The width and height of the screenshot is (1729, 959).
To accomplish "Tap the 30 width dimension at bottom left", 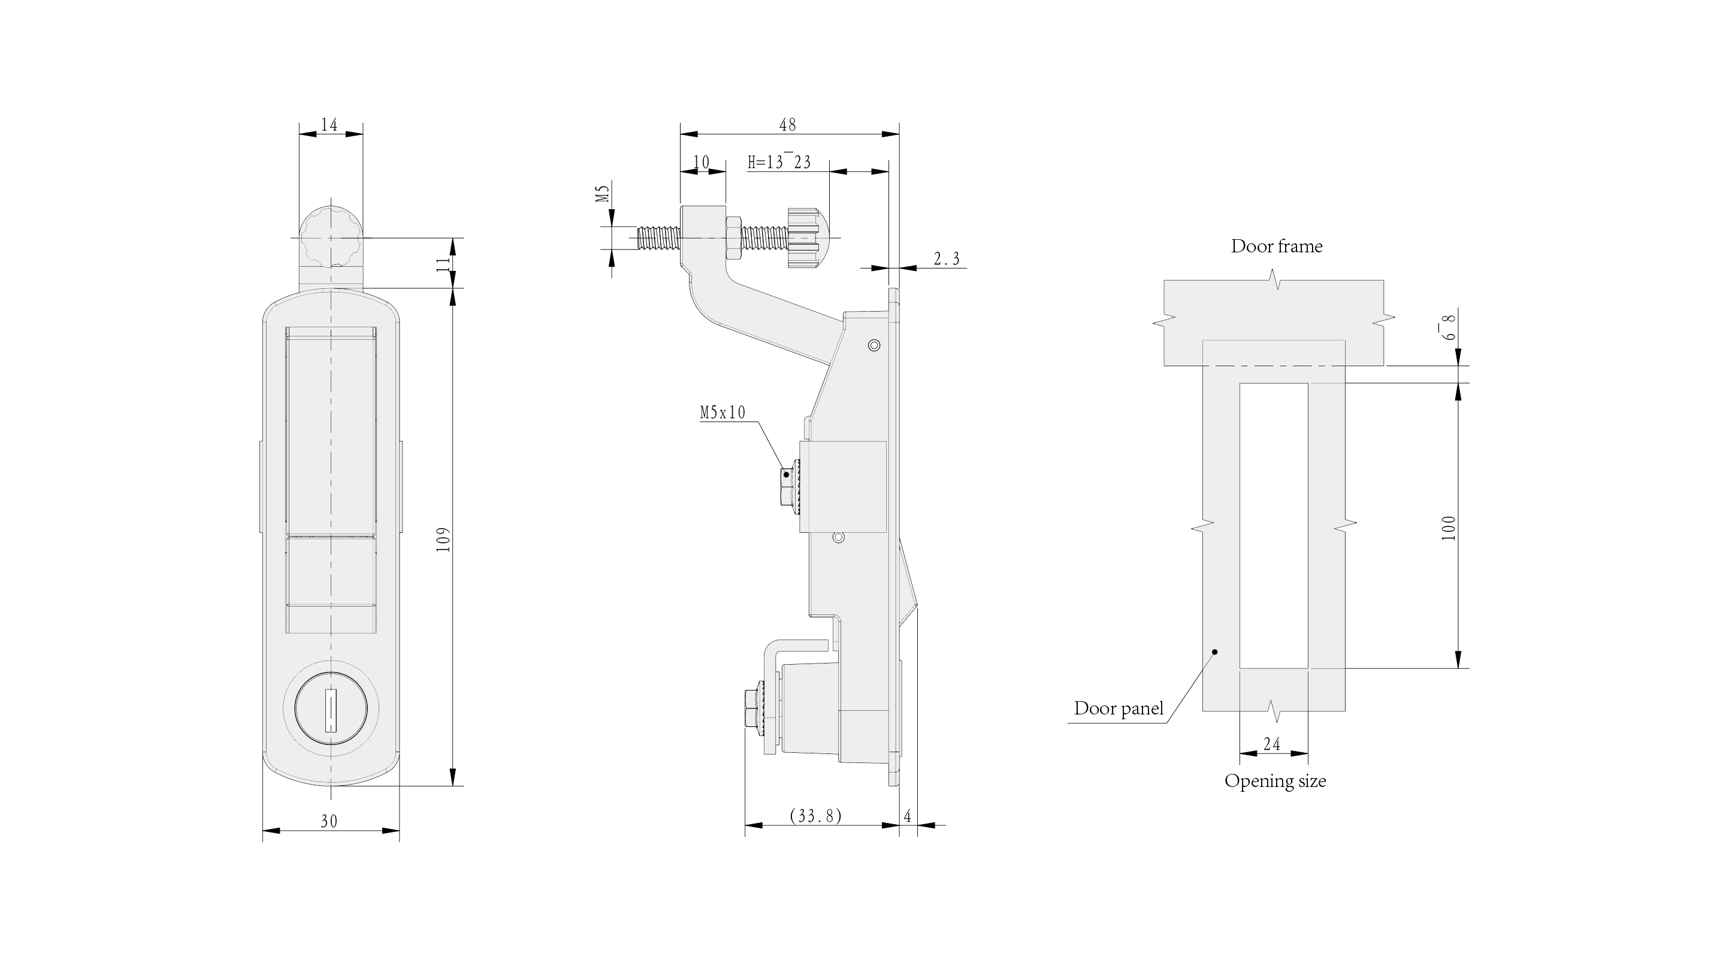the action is [x=329, y=821].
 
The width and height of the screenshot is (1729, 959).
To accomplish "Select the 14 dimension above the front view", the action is [x=329, y=125].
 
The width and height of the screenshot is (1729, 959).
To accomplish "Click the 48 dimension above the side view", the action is [x=787, y=125].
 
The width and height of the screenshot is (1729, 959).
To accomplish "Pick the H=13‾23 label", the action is [x=779, y=162].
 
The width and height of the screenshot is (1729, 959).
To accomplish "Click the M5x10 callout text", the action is [x=723, y=412].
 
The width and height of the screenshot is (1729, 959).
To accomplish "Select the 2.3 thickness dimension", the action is [x=947, y=258].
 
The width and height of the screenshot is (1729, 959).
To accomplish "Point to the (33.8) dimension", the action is [x=815, y=815].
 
